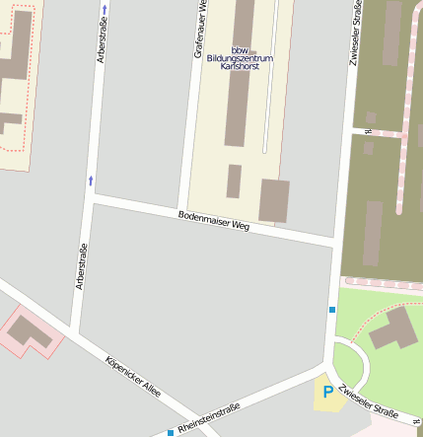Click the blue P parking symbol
click(x=327, y=393)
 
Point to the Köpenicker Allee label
click(x=132, y=376)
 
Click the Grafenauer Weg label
click(x=200, y=28)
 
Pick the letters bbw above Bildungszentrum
click(x=240, y=49)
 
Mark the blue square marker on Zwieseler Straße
click(x=332, y=310)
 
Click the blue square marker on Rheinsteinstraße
click(x=171, y=432)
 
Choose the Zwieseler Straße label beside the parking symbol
click(x=366, y=400)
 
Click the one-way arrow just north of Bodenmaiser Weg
click(x=92, y=180)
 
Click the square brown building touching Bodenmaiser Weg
click(x=274, y=200)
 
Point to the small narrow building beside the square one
click(x=234, y=181)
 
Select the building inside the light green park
click(x=393, y=328)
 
